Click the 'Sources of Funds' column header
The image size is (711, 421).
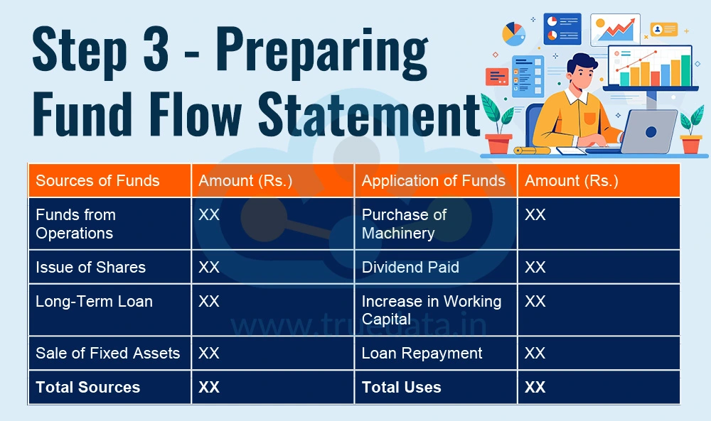click(97, 180)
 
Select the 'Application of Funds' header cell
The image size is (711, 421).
click(433, 180)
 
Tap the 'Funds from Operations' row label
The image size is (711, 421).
click(75, 224)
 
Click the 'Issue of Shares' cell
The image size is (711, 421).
click(90, 268)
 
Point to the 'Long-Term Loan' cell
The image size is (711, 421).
click(94, 302)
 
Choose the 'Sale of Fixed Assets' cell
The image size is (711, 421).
click(107, 354)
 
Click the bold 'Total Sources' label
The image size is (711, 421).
click(87, 388)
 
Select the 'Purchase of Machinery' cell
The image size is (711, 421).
click(404, 224)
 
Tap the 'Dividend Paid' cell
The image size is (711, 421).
click(410, 268)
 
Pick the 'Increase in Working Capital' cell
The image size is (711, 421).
click(431, 310)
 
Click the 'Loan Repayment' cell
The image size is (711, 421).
click(422, 354)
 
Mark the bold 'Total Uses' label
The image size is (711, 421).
click(401, 388)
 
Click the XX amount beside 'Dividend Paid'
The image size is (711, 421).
click(535, 268)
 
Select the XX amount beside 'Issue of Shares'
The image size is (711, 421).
click(209, 268)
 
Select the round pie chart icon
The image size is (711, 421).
click(513, 33)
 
